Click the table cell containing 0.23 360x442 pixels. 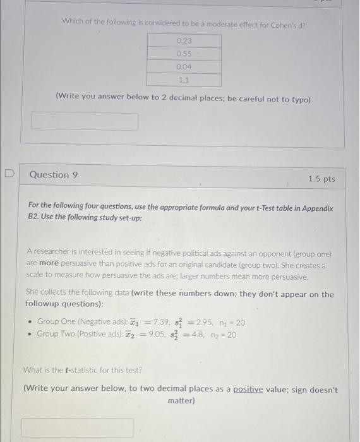pos(184,40)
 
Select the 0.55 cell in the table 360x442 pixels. pos(184,54)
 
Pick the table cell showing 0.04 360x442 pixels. pos(184,67)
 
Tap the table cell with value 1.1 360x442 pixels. pos(184,80)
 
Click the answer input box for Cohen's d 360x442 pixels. pos(85,121)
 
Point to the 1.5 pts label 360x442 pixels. pos(321,179)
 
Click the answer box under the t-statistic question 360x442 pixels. pos(78,427)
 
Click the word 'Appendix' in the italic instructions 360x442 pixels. pos(315,208)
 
